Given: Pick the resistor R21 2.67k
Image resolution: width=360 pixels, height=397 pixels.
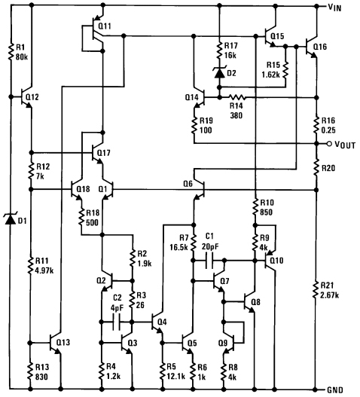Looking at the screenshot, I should point(316,289).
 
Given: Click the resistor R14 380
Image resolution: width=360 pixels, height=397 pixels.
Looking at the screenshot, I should point(239,96).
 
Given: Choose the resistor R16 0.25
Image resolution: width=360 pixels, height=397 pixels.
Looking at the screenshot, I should point(316,123).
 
